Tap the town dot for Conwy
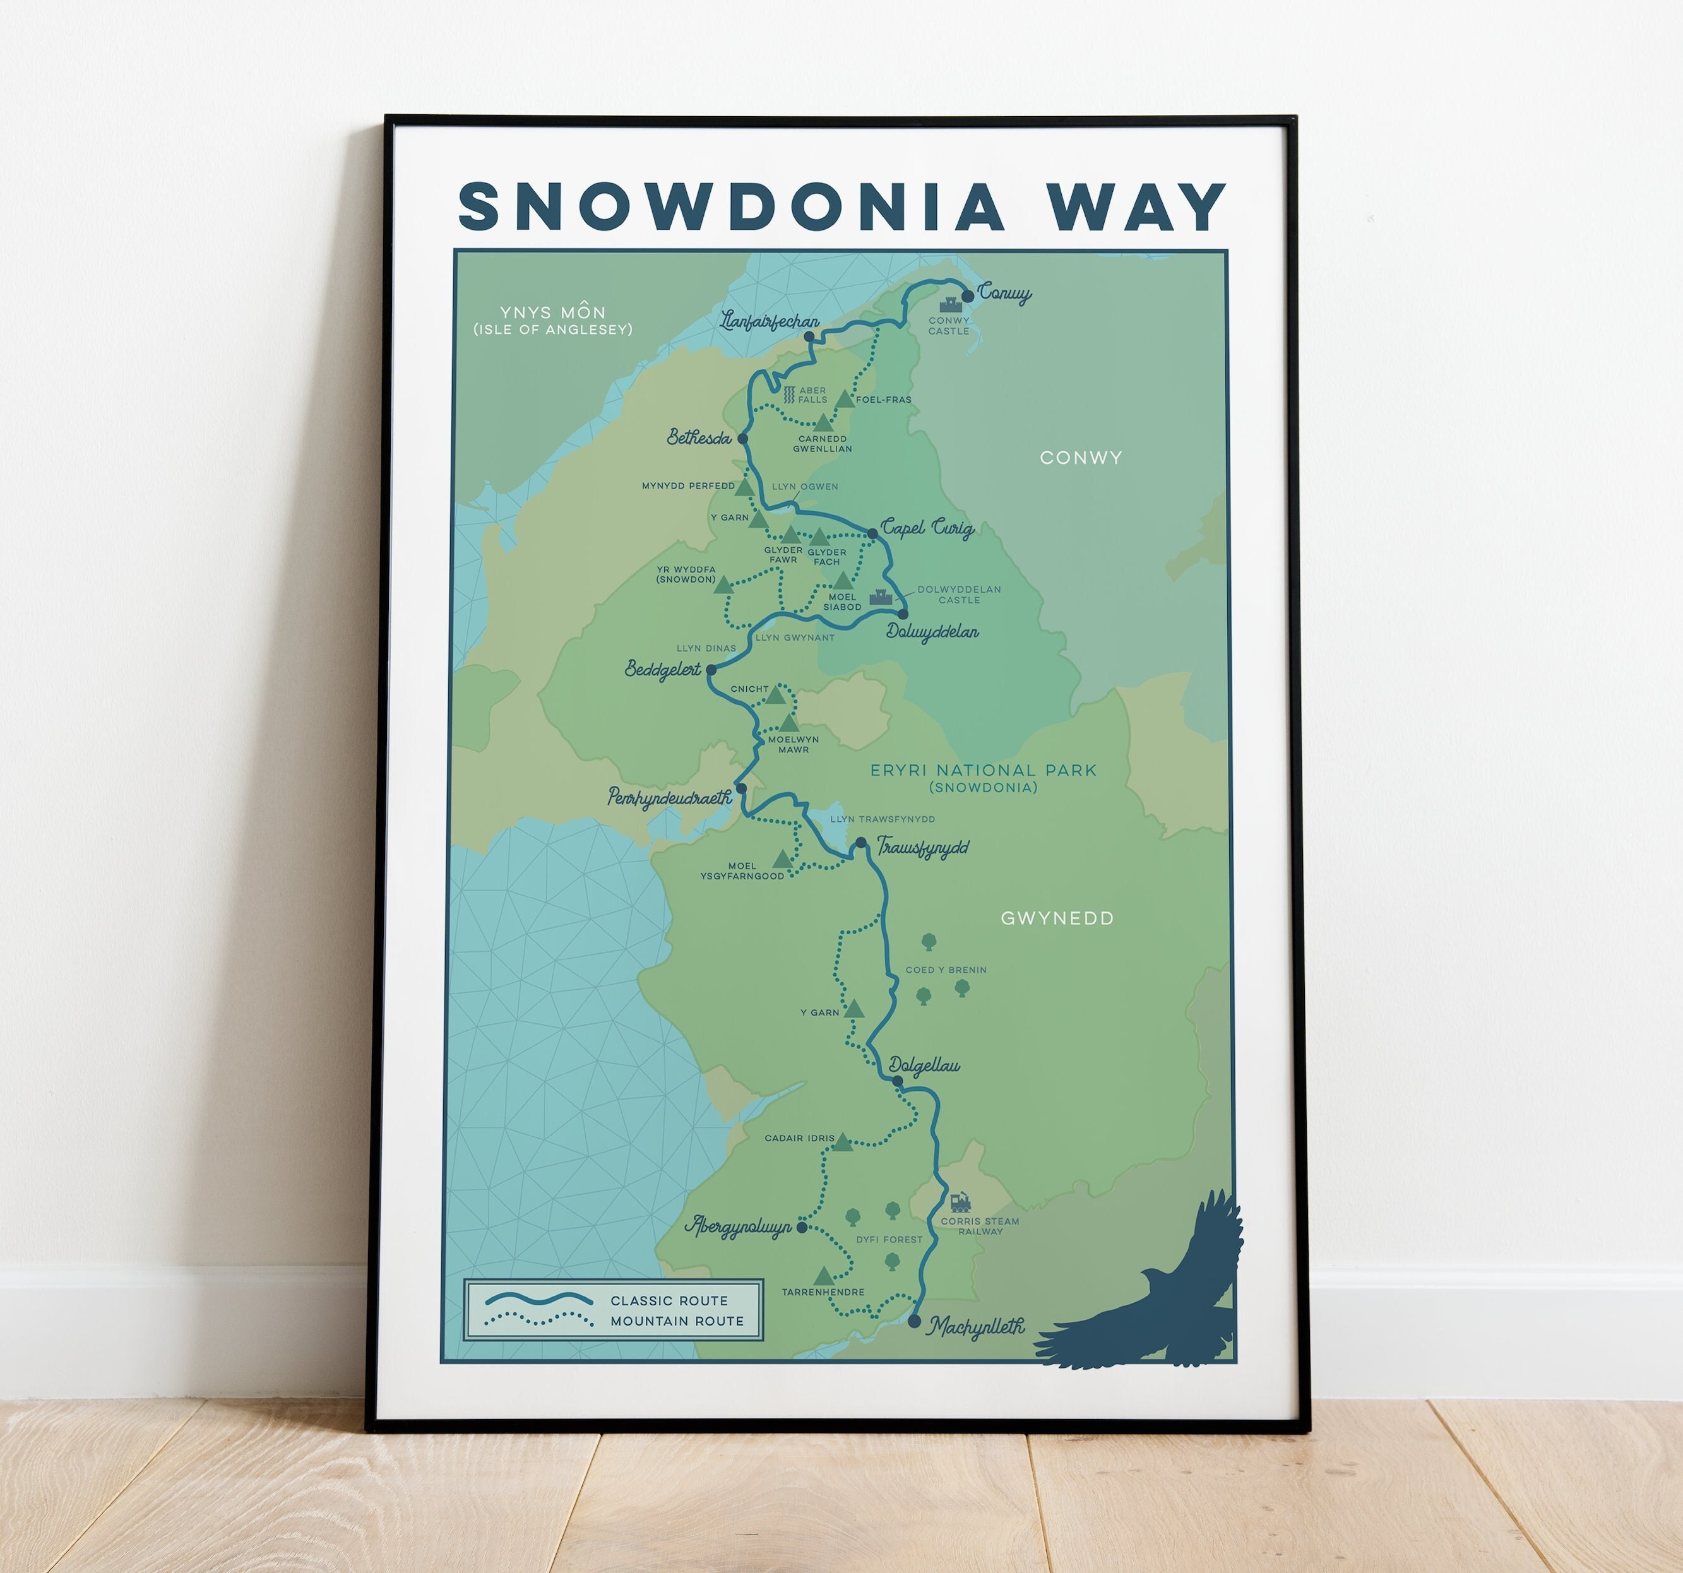[x=968, y=296]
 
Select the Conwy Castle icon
[x=948, y=303]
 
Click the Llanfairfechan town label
[x=770, y=321]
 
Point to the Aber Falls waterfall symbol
[x=788, y=395]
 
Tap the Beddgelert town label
[x=663, y=670]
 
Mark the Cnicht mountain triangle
[x=775, y=695]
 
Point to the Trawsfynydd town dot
[x=861, y=843]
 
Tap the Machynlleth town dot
[x=914, y=1321]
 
